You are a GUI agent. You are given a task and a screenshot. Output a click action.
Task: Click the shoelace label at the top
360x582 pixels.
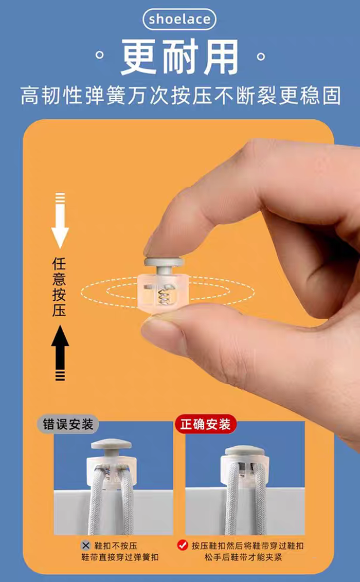pos(179,20)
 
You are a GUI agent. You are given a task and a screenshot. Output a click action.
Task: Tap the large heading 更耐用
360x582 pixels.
pos(180,57)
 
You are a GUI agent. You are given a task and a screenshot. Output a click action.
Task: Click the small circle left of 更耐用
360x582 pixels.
pos(99,56)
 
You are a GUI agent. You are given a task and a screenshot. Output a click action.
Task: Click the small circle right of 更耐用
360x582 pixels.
pos(261,57)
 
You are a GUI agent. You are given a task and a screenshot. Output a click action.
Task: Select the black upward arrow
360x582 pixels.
pos(60,353)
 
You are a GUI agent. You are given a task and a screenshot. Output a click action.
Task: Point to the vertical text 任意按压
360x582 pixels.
pos(59,287)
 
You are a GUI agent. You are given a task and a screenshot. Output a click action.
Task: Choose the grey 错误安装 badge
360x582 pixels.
pos(68,424)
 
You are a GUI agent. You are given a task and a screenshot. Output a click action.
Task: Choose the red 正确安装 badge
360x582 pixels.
pos(205,424)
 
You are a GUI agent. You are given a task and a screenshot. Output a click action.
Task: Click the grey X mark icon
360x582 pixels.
pos(86,545)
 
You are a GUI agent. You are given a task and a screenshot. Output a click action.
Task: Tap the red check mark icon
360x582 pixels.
pos(183,545)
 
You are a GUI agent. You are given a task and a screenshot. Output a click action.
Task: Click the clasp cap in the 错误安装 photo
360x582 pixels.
pos(112,445)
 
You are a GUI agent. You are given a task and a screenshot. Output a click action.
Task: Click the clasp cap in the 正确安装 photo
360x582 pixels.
pos(245,450)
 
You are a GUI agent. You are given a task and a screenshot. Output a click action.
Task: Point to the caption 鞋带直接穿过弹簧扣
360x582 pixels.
pos(120,557)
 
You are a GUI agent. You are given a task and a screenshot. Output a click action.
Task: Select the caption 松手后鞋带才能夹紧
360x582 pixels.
pos(243,557)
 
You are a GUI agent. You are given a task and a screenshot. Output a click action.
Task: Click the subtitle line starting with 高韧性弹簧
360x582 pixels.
pos(181,96)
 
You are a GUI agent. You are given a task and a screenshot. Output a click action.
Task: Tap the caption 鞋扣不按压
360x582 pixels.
pos(115,545)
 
